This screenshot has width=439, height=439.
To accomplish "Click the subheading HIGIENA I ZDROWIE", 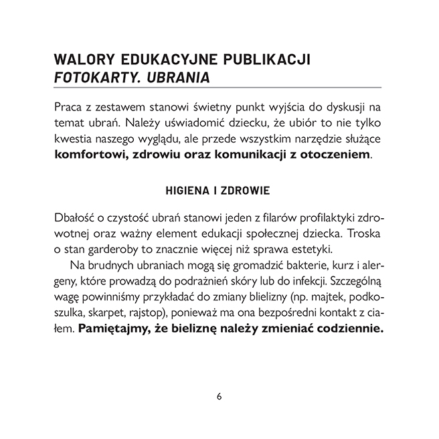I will coord(218,191).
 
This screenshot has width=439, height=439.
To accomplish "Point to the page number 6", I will coord(219,396).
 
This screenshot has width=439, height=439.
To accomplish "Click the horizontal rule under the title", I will coord(219,88).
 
